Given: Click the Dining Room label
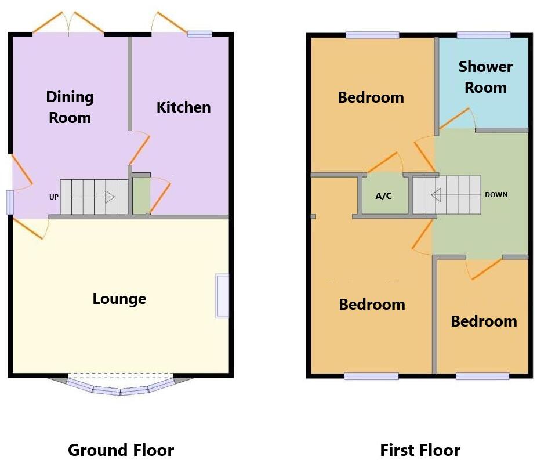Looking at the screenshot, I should [x=70, y=107].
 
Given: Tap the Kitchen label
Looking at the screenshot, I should [x=183, y=107].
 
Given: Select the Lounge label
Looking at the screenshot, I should [x=119, y=299].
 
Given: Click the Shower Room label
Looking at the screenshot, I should [x=485, y=77].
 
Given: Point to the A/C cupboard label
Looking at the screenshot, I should [x=383, y=195].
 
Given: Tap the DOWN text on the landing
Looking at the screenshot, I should [x=496, y=195].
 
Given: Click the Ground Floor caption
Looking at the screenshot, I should [x=121, y=450].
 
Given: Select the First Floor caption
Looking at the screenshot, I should [x=420, y=450].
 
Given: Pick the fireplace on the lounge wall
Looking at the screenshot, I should [x=222, y=296].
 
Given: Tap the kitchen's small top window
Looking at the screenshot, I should [x=199, y=34].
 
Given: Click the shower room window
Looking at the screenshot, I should [x=484, y=35].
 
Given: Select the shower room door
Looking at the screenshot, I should [x=456, y=118].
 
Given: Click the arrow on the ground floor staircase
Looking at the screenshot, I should [x=94, y=197].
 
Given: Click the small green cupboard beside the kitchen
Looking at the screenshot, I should [x=141, y=196].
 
